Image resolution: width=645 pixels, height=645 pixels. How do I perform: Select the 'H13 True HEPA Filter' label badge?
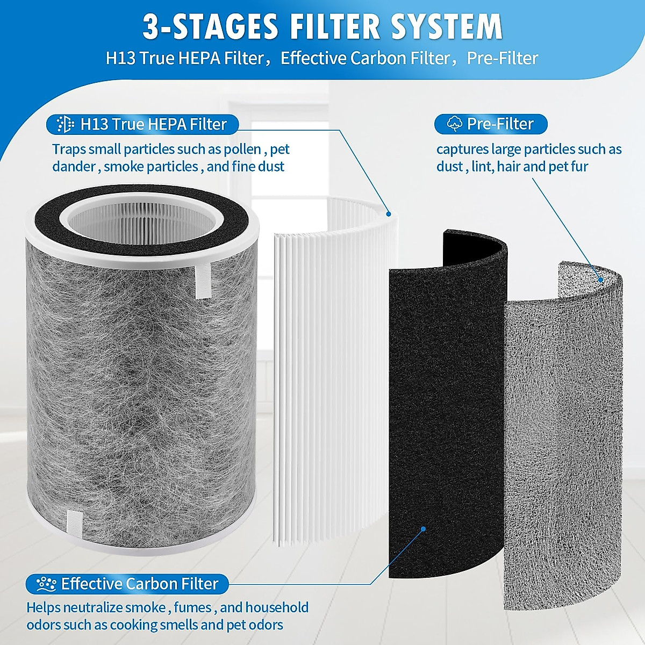[142, 124]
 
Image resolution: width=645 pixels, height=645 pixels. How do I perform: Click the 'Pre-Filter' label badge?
[490, 124]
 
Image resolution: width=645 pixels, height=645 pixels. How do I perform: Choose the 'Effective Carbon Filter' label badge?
[127, 584]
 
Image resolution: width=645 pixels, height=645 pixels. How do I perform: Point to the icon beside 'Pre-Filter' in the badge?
[454, 124]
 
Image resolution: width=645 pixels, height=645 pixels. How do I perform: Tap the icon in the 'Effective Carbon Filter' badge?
[46, 584]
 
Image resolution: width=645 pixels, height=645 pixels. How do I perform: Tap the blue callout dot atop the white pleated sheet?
[389, 213]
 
